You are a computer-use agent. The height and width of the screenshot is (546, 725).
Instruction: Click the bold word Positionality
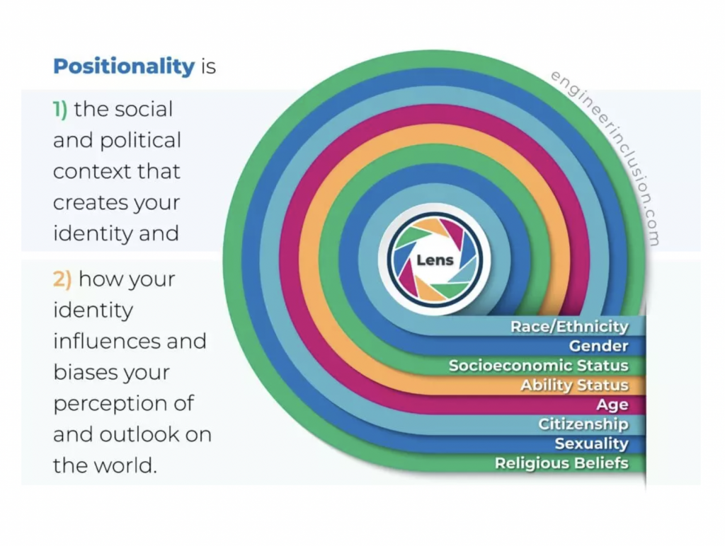124,67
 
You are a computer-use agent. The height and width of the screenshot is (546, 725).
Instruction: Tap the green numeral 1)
60,110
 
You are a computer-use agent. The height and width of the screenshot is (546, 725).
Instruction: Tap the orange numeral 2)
62,279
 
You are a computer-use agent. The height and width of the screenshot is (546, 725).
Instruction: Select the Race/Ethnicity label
569,327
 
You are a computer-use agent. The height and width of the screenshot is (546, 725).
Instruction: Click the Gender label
599,346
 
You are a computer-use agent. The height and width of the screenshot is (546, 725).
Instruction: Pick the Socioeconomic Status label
539,366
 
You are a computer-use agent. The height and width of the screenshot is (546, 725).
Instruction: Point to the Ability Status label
574,385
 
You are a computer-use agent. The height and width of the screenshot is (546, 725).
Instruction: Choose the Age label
612,405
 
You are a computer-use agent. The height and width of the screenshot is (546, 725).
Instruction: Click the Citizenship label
583,424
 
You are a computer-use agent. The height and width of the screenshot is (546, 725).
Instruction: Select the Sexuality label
592,443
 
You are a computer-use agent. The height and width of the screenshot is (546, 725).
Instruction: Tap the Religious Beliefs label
561,463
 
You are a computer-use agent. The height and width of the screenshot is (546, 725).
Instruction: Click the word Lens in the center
435,260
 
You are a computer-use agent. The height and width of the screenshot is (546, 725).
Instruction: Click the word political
140,141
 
